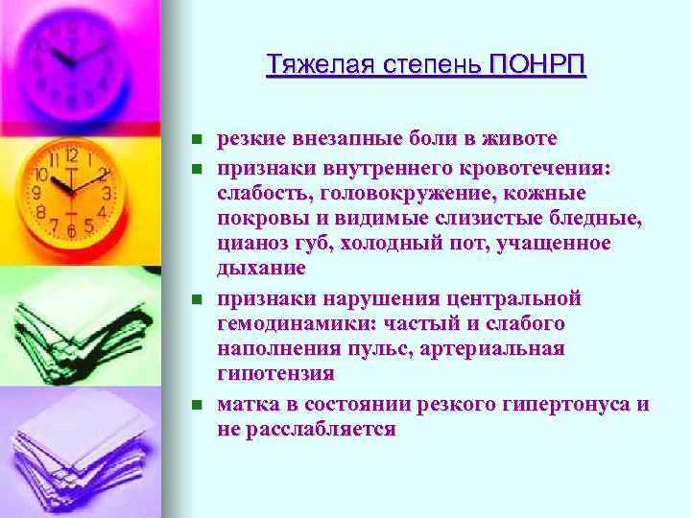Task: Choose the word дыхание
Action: tap(262, 268)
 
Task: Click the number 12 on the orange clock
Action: tap(69, 155)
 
